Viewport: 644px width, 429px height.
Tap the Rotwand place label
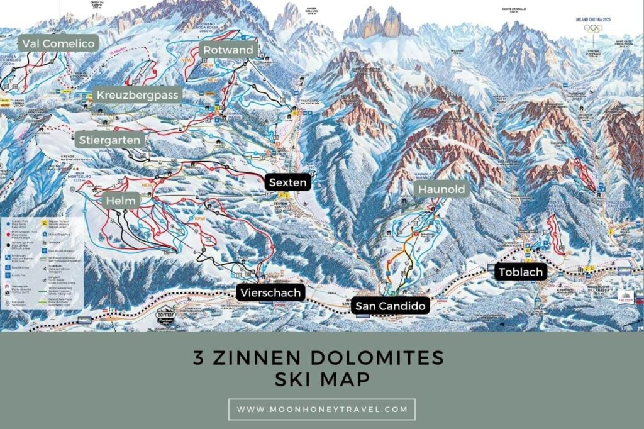click(228, 50)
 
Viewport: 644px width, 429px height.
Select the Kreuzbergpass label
click(138, 95)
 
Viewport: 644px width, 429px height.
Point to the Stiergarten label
click(110, 140)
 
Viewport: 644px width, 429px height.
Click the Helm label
click(118, 200)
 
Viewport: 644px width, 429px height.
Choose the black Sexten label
click(287, 182)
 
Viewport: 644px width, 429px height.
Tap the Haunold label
click(440, 189)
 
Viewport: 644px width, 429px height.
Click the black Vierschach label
click(269, 292)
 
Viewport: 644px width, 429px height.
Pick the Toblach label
click(519, 272)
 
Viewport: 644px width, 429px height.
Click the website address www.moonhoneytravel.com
click(321, 409)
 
